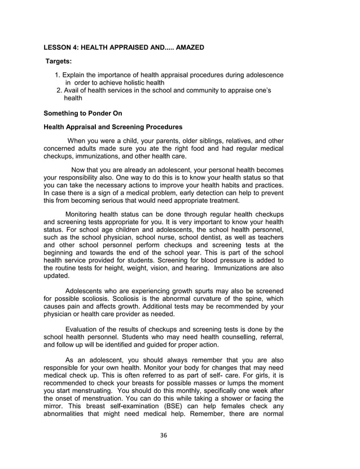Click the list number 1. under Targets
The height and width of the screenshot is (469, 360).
58,76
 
